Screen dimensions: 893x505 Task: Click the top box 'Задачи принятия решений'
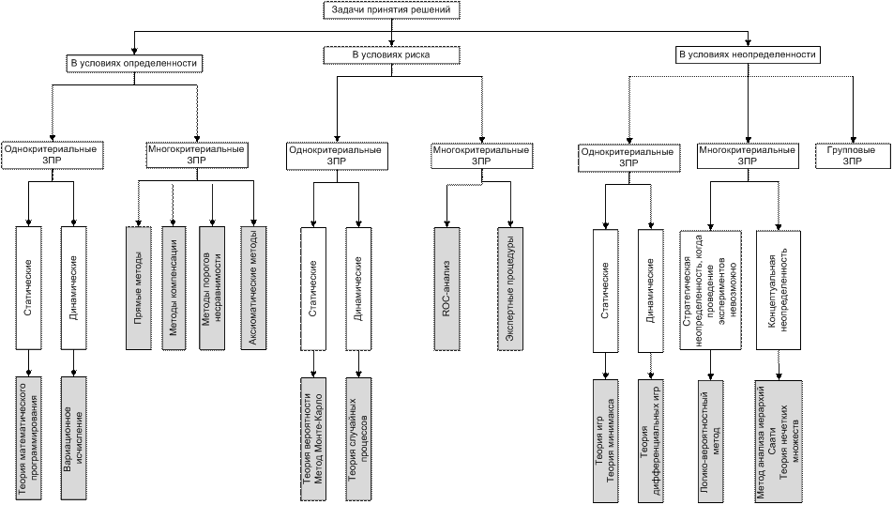tap(391, 10)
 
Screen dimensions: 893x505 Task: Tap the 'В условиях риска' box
tap(391, 55)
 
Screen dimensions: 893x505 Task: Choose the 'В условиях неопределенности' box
tap(748, 55)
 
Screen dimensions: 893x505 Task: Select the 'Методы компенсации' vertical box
tap(173, 287)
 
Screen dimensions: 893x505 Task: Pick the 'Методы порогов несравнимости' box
tap(212, 287)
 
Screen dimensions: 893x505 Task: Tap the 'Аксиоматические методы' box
tap(249, 287)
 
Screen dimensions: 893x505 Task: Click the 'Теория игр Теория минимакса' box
tap(605, 437)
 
